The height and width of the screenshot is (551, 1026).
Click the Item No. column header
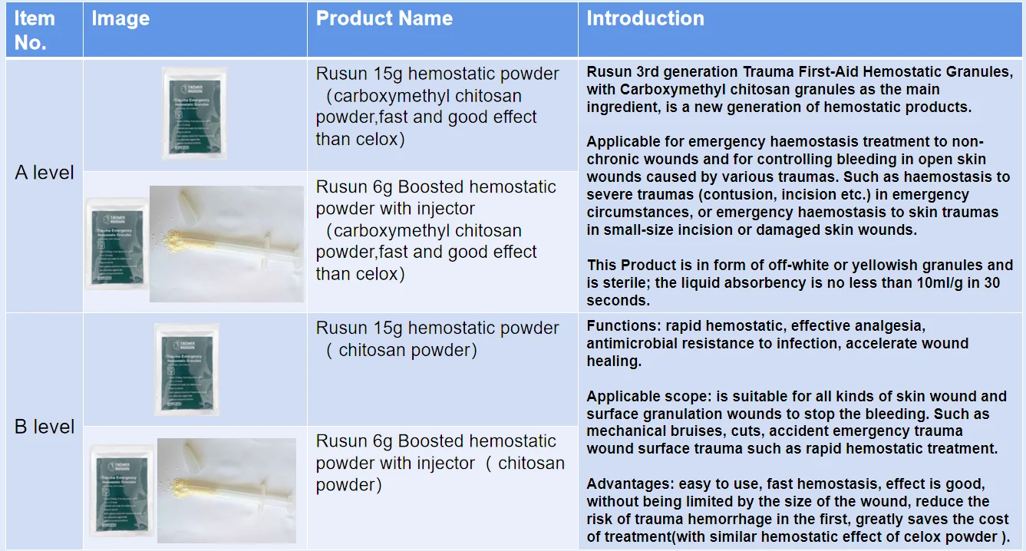[35, 31]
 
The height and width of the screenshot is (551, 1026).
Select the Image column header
[120, 19]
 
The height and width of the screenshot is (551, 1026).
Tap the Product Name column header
[384, 19]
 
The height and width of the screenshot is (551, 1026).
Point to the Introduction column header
[645, 19]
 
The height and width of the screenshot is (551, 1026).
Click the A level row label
[45, 173]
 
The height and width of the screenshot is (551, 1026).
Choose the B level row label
[45, 427]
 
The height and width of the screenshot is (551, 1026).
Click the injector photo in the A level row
[226, 243]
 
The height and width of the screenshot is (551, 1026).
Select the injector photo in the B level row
[226, 490]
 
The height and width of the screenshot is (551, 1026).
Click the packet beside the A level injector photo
[117, 243]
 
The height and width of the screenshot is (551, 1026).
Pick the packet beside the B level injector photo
[120, 491]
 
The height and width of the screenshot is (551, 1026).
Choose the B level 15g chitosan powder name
[436, 338]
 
